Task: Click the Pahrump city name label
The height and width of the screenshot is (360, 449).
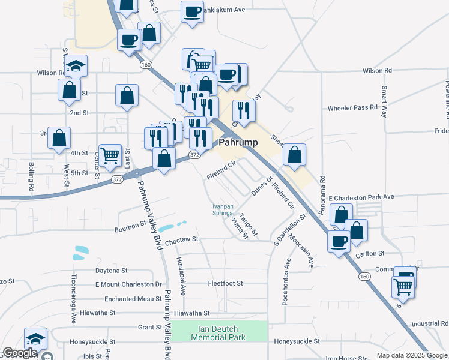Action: coord(239,143)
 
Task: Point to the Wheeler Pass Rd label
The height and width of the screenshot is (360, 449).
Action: coord(352,108)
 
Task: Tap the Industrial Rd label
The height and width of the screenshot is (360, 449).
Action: coord(430,323)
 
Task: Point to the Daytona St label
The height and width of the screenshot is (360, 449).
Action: coord(112,271)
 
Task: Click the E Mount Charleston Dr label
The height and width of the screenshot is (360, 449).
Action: coord(128,284)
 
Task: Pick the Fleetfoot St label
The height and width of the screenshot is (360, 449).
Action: coord(225,283)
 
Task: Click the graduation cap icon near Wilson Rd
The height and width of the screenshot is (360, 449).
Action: coord(76,65)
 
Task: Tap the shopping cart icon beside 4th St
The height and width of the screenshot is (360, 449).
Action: coord(110,155)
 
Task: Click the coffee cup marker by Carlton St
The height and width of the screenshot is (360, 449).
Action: coord(339,241)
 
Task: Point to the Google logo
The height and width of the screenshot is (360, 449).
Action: coord(20,353)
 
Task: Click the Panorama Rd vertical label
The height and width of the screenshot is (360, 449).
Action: coord(322,187)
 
